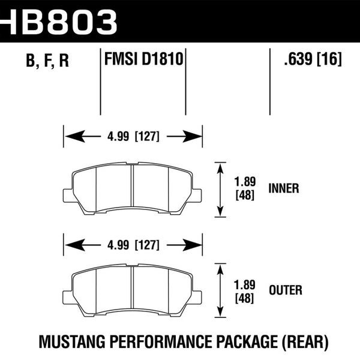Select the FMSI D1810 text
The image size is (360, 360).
tap(143, 60)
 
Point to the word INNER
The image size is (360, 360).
tap(285, 188)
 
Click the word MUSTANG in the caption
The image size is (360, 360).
tap(68, 343)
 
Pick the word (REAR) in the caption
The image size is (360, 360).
tap(304, 343)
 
